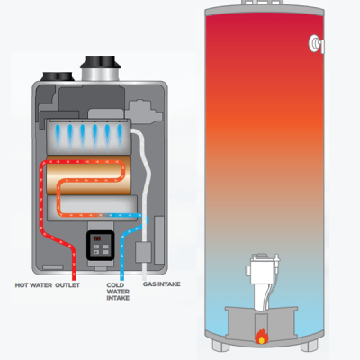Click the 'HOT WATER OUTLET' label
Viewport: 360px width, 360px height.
coord(43,285)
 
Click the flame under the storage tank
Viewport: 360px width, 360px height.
coord(262,338)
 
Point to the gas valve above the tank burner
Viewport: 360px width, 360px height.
coord(261,270)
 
